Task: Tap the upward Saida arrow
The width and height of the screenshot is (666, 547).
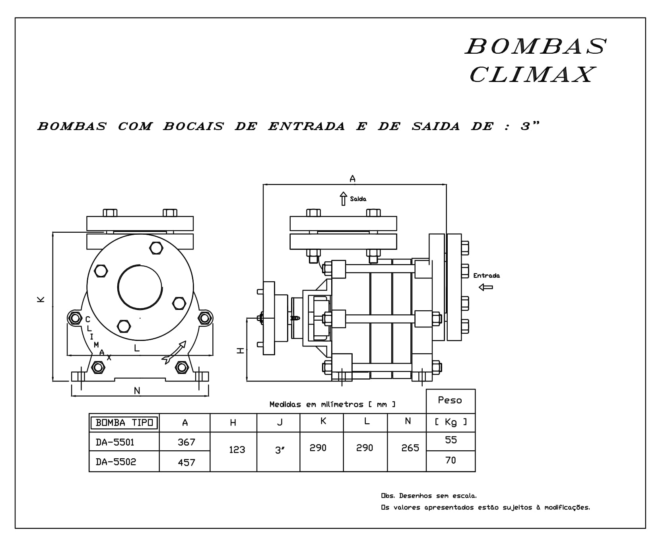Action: (344, 199)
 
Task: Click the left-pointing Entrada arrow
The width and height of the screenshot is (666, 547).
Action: (485, 287)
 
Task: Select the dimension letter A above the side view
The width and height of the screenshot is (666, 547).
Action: (352, 179)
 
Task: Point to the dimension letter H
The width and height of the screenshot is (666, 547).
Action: (241, 350)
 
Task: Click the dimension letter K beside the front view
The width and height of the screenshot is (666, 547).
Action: (41, 300)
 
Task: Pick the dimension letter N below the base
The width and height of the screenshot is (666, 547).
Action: (137, 391)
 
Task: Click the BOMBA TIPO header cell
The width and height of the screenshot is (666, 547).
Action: (124, 422)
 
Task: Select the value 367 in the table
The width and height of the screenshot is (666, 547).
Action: (186, 442)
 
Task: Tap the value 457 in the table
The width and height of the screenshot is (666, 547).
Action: (186, 462)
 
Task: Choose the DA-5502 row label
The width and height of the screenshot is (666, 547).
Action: (116, 462)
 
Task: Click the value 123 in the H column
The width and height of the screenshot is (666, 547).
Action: (237, 450)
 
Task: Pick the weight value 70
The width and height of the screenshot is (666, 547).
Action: (450, 460)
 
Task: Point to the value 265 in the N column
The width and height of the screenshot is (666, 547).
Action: (410, 448)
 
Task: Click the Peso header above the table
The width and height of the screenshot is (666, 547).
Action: (450, 400)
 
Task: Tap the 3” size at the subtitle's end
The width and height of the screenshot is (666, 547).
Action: (530, 126)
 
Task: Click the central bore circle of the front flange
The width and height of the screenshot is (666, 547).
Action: (140, 286)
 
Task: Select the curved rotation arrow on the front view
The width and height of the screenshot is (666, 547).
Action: (174, 352)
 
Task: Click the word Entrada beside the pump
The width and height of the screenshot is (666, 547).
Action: (486, 275)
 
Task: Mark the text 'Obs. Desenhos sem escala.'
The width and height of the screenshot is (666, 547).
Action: (429, 496)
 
